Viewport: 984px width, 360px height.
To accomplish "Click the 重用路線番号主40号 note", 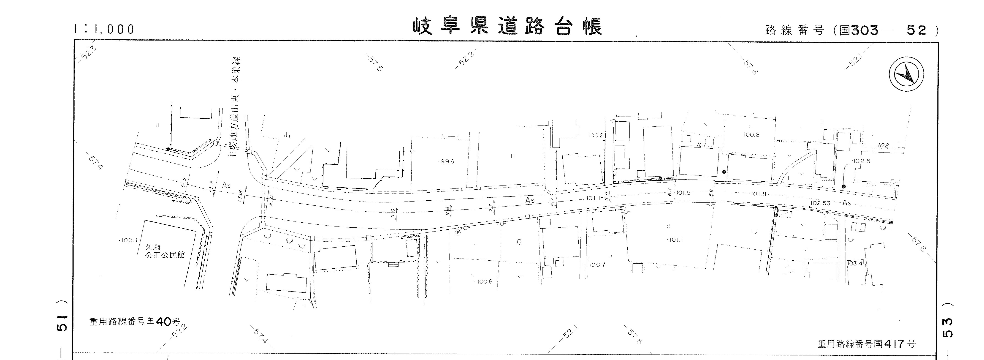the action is (134, 322).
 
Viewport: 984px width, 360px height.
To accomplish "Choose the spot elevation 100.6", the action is (484, 282).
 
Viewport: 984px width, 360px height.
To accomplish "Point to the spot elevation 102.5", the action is (861, 161).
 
